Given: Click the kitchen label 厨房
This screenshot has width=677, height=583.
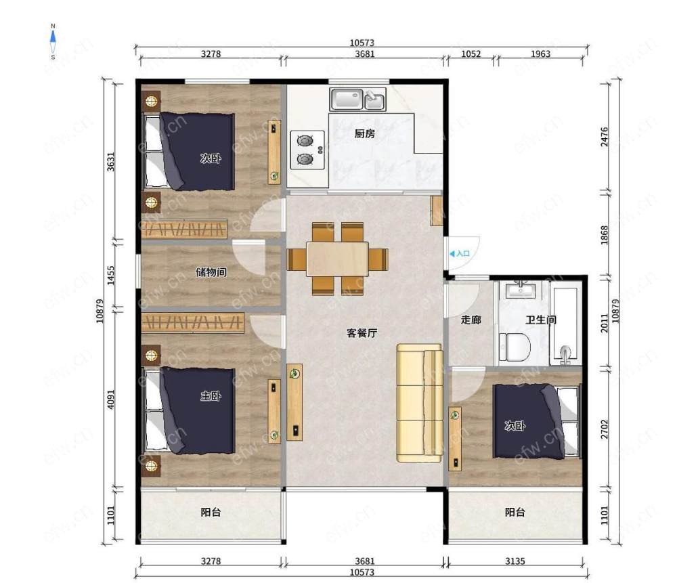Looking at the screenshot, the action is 364,134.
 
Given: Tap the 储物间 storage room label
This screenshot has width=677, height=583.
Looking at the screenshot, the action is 211,272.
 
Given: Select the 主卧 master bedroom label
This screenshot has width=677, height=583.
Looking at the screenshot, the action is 211,395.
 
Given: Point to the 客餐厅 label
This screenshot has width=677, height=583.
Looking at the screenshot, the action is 362,333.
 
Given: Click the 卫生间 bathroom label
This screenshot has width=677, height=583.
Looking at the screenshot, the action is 540,320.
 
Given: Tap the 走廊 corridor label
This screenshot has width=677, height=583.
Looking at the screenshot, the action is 471,320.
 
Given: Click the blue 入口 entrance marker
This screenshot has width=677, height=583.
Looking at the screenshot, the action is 460,253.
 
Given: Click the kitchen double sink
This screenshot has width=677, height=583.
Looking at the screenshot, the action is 357,100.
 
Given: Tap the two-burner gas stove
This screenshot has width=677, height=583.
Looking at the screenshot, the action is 307,150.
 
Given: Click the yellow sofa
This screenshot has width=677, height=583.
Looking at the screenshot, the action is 420,403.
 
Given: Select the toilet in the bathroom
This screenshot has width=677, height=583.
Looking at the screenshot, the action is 515,347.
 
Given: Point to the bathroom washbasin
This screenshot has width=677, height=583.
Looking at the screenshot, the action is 521,290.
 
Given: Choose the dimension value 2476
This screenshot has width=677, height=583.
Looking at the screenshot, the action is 605,137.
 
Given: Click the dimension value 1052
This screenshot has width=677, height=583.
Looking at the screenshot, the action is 471,54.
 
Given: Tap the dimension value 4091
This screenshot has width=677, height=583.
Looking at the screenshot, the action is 111,400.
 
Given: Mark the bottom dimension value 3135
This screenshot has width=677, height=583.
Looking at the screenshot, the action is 515,561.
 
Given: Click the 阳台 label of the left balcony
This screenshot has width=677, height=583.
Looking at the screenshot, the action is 211,512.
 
